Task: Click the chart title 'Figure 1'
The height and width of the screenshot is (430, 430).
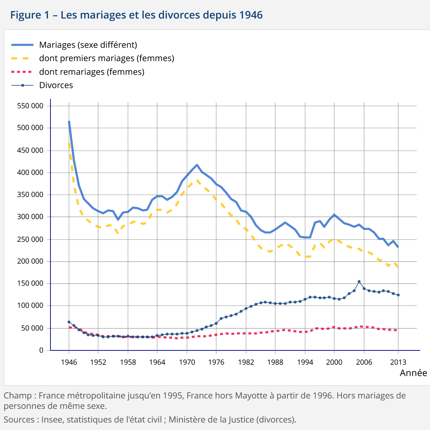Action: [30, 15]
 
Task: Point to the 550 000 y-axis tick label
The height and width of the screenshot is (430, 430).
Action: [30, 106]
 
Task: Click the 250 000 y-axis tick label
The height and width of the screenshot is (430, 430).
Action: [30, 239]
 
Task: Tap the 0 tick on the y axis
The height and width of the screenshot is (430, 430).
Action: [41, 350]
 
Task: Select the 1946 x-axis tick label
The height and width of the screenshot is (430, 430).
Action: [69, 362]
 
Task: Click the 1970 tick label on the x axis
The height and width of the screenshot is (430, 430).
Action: [187, 362]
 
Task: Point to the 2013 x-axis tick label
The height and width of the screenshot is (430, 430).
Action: [398, 362]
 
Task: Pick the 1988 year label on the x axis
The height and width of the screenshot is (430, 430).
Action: [275, 362]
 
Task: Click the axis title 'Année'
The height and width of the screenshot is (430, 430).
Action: [413, 373]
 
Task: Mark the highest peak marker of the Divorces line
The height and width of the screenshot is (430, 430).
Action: [359, 281]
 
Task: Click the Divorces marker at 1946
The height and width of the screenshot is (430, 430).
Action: [69, 322]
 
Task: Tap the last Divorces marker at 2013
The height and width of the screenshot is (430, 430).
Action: [398, 295]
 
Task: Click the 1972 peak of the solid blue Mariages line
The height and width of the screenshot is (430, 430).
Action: [197, 165]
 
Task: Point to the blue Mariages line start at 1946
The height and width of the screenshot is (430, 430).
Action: [69, 122]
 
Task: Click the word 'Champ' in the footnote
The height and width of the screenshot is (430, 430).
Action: [18, 396]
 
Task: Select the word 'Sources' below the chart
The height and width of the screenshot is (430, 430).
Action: [19, 420]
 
